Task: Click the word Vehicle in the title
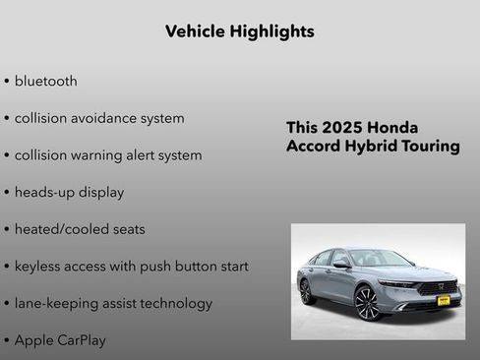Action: (195, 31)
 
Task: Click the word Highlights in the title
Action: (270, 31)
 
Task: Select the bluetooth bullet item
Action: (45, 81)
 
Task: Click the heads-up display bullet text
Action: (69, 193)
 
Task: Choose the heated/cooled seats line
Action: (79, 229)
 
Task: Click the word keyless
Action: (40, 267)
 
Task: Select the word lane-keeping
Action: (58, 303)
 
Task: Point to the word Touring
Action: (430, 147)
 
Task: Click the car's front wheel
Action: (366, 302)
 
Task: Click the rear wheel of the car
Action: (306, 291)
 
